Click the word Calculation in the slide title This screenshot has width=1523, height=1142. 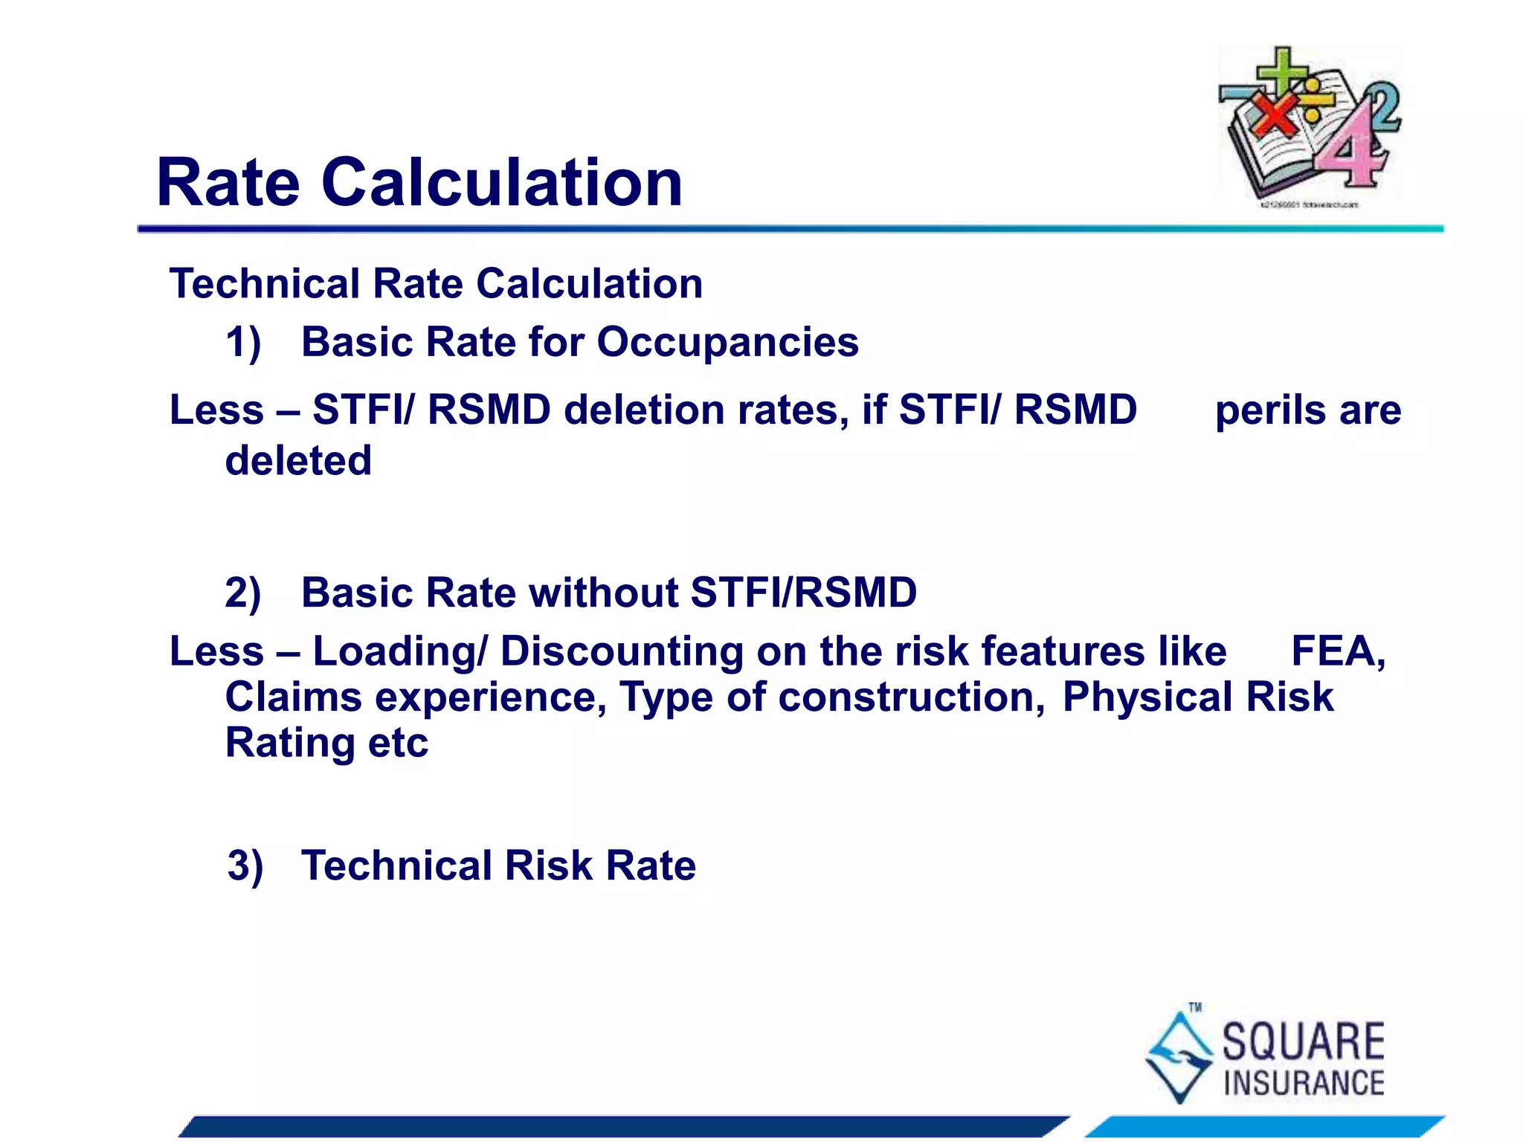click(x=502, y=183)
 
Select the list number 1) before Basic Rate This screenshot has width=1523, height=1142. click(x=243, y=343)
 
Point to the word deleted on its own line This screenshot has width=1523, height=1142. click(x=298, y=460)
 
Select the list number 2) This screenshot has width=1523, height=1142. click(x=243, y=593)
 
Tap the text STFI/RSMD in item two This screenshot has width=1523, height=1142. click(x=803, y=593)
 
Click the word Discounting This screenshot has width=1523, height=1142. click(x=621, y=651)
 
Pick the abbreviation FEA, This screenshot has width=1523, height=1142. click(x=1338, y=651)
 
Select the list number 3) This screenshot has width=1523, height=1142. click(x=245, y=866)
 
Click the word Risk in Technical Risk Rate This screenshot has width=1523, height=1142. click(x=548, y=866)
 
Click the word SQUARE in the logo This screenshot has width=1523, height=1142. click(x=1303, y=1042)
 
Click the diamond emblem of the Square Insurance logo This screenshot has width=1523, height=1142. click(x=1179, y=1054)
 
